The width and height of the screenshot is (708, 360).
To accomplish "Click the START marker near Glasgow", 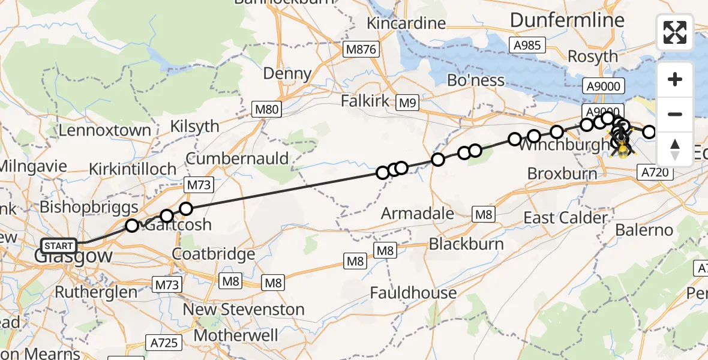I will (59, 246).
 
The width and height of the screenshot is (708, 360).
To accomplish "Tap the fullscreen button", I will (675, 32).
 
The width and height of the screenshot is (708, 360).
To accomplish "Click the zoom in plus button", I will (675, 80).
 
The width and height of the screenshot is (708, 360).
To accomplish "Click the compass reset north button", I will (675, 149).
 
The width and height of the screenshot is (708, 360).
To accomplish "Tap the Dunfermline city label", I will (567, 20).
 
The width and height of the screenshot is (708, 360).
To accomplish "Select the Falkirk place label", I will (366, 101).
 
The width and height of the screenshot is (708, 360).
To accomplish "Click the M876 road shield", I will (361, 50).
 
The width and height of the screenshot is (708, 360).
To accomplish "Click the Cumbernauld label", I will (237, 159).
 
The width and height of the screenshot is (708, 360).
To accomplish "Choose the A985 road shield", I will (527, 45).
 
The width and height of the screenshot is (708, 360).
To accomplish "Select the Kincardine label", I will (407, 23).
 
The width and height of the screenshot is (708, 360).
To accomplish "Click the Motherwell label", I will (236, 335).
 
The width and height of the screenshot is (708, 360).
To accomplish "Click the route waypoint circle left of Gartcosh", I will (132, 226).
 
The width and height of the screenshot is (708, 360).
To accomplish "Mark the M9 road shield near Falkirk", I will (407, 104).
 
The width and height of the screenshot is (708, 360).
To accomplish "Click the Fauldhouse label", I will (413, 293).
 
